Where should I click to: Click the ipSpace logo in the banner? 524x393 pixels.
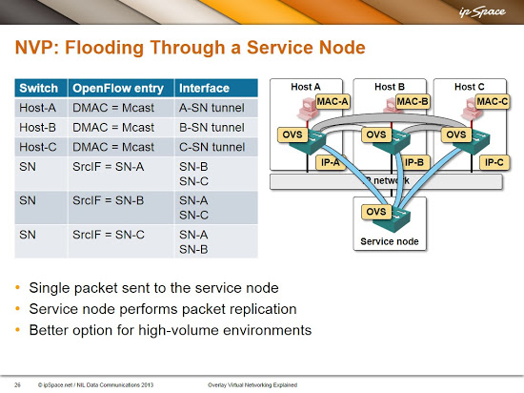pos(482,12)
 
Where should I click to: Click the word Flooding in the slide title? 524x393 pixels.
pos(104,48)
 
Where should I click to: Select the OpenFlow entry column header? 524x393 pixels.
pos(118,89)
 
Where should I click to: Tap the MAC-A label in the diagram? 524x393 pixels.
pos(333,101)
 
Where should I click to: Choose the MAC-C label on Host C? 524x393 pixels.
pos(493,101)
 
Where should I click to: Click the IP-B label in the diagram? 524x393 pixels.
pos(413,162)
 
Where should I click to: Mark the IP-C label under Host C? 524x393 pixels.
pos(494,162)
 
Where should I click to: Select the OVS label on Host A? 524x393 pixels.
pos(292,134)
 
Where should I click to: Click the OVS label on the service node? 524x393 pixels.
pos(376,212)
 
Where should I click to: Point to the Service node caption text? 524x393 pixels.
pos(390,241)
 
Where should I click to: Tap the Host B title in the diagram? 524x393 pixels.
pos(390,87)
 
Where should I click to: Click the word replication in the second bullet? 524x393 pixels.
pos(255,309)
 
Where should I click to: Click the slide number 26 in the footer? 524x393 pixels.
pos(17,385)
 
